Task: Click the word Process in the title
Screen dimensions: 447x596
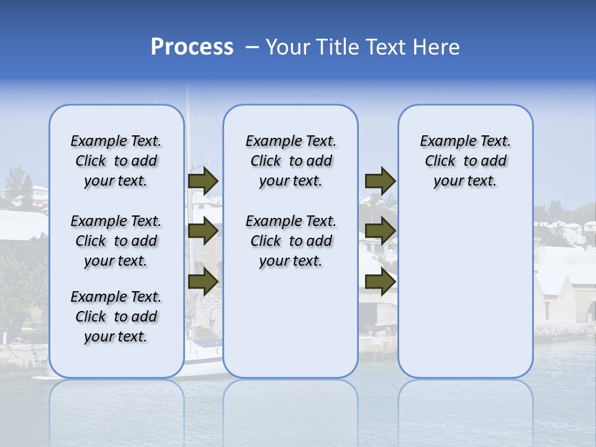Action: click(192, 47)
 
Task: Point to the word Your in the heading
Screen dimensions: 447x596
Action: click(288, 47)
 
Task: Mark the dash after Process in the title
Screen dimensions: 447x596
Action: click(252, 48)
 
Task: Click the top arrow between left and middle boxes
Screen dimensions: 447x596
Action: click(203, 181)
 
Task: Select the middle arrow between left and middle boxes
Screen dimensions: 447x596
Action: click(203, 231)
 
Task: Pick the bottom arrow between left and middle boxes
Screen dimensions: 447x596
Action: click(203, 281)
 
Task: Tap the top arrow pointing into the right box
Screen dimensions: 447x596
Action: click(380, 181)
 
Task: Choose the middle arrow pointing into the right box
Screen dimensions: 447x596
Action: click(380, 231)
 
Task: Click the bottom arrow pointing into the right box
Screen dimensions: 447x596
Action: click(380, 281)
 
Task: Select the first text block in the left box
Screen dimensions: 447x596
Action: click(116, 161)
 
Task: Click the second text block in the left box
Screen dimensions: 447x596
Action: click(116, 241)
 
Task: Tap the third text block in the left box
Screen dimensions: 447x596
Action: click(116, 317)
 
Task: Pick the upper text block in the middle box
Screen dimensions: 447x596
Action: click(291, 161)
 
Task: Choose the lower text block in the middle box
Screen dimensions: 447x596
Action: click(291, 241)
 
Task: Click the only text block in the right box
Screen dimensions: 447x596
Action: click(466, 161)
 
